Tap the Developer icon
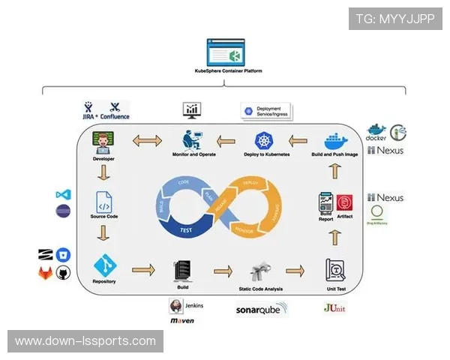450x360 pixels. pos(103,141)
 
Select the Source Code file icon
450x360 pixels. pos(103,202)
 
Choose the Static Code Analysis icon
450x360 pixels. pos(261,271)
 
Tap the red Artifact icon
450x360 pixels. pos(344,202)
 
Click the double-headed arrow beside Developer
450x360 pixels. pos(147,140)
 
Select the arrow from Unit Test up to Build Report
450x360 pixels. pos(334,238)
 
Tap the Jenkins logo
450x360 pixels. pos(186,306)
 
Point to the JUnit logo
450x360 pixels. pos(334,307)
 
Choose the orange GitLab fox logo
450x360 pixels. pos(46,274)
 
